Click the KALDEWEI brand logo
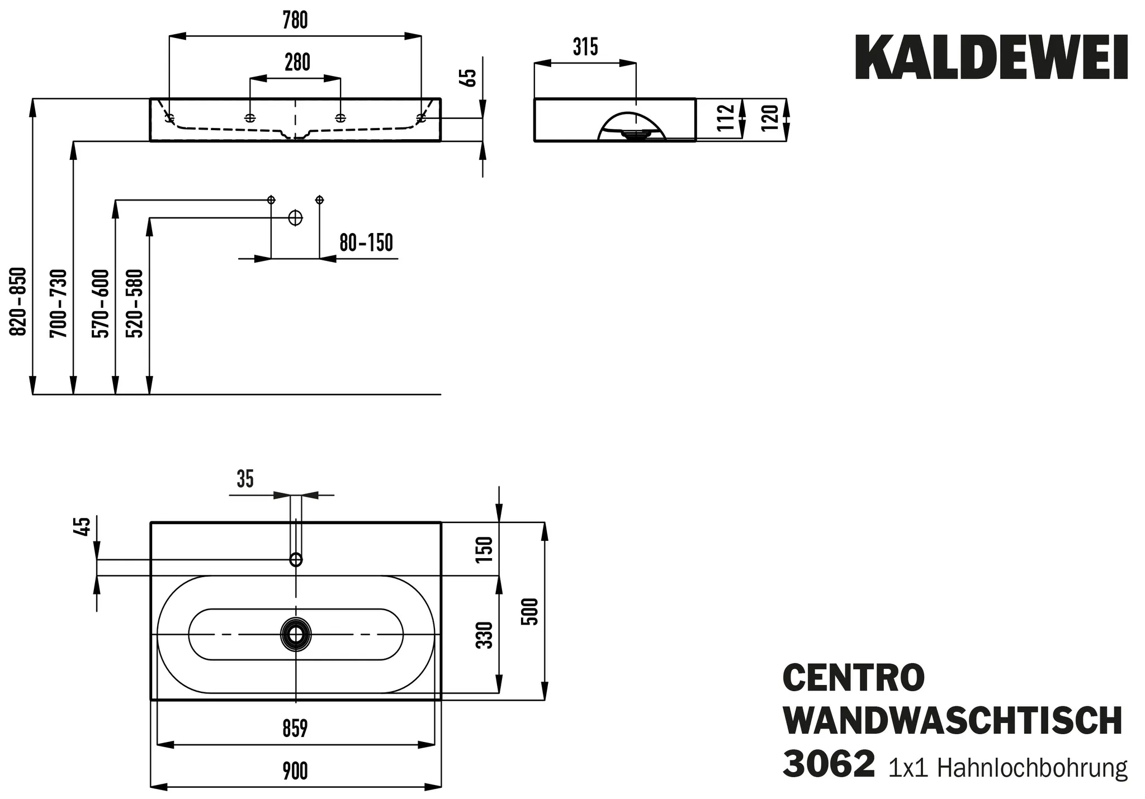point(991,58)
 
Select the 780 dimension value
point(295,21)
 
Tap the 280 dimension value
point(297,63)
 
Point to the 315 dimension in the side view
point(585,47)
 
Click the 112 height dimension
point(725,118)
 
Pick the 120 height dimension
point(769,118)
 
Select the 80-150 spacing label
point(366,243)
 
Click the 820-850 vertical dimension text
point(19,302)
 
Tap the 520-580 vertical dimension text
point(135,303)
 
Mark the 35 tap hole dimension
point(245,479)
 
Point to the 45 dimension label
point(82,527)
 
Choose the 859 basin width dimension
point(295,729)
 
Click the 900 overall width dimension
point(295,771)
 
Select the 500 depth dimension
point(531,611)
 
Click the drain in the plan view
point(295,634)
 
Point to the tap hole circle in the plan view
point(295,559)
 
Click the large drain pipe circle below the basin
point(295,218)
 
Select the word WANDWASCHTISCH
point(953,721)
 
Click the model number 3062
point(828,764)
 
